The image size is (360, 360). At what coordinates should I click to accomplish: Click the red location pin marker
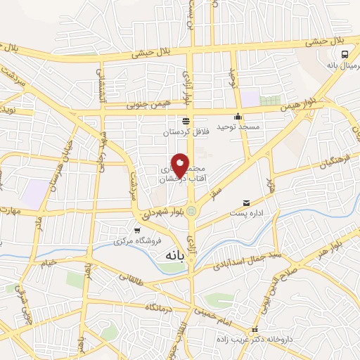pyautogui.click(x=181, y=166)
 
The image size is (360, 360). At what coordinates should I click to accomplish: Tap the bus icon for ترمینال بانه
pyautogui.click(x=345, y=54)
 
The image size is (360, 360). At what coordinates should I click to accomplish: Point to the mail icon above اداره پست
pyautogui.click(x=246, y=202)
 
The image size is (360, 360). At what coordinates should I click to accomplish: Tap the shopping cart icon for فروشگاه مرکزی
pyautogui.click(x=137, y=230)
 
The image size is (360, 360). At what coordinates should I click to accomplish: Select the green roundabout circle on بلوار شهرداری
pyautogui.click(x=192, y=209)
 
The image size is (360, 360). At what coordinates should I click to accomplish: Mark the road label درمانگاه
pyautogui.click(x=160, y=307)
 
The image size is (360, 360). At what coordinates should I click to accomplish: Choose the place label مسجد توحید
pyautogui.click(x=238, y=127)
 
